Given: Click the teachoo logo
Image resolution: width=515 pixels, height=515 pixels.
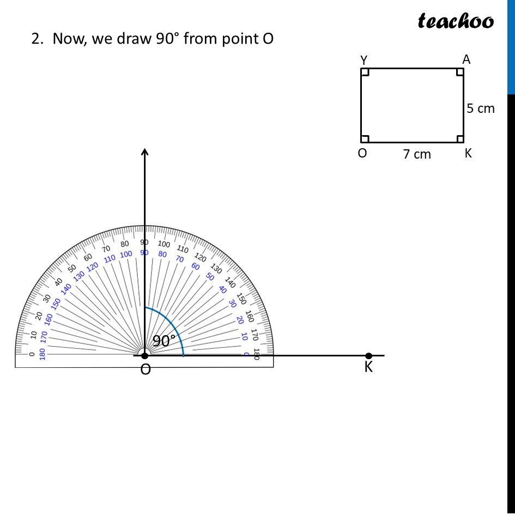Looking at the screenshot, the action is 456,21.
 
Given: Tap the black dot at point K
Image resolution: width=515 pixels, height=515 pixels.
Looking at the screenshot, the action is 368,356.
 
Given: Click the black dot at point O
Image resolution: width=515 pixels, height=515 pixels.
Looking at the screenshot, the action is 144,355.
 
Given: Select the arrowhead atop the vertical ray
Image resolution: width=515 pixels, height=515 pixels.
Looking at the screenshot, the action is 144,152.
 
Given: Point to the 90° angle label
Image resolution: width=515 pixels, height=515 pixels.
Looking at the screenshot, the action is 164,341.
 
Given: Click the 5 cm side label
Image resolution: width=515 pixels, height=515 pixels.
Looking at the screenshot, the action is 481,108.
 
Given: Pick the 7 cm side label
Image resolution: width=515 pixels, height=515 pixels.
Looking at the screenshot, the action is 417,154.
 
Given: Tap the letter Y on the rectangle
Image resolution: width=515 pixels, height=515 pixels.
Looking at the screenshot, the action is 363,60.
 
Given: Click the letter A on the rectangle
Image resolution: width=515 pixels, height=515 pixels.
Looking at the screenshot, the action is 466,59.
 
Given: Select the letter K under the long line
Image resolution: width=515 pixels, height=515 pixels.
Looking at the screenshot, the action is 368,367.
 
